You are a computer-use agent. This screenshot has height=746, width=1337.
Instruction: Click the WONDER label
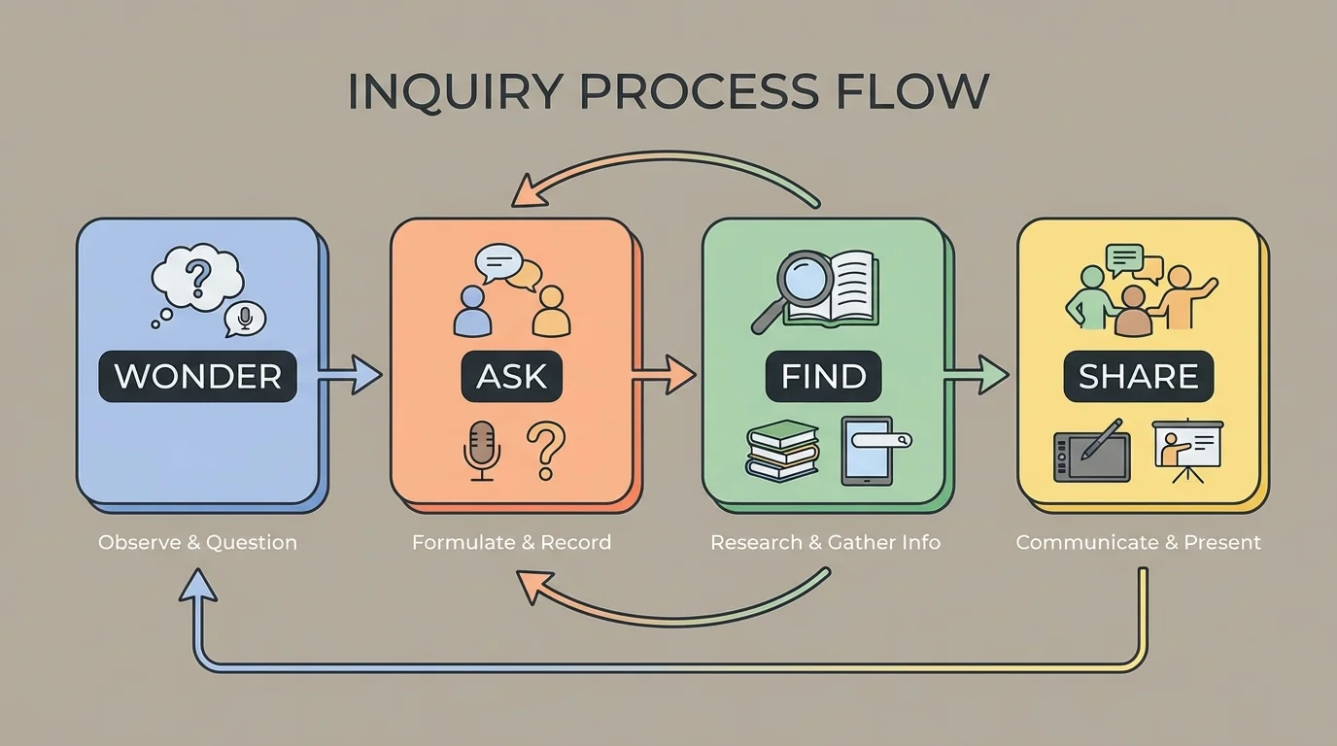coord(197,376)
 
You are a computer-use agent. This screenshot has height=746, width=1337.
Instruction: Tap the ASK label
coord(511,376)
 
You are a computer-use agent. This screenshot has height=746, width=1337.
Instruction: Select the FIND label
coord(824,376)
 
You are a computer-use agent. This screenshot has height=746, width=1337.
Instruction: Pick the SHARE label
coord(1138,376)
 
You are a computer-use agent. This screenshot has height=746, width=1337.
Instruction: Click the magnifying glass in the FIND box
coord(791,288)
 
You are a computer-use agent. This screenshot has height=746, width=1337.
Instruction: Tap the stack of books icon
coord(783,451)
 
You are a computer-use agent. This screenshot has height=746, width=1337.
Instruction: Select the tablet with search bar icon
coord(868,450)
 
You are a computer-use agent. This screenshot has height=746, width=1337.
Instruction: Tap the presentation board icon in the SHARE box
coord(1187,450)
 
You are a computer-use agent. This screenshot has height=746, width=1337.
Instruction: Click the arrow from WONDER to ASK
coord(350,375)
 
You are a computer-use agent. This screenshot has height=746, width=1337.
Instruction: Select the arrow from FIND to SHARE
coord(977,375)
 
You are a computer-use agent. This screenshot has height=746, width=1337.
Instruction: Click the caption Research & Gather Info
coord(825,542)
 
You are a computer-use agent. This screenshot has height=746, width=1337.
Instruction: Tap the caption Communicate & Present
coord(1138,542)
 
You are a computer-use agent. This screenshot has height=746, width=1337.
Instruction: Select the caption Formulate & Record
coord(511,542)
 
